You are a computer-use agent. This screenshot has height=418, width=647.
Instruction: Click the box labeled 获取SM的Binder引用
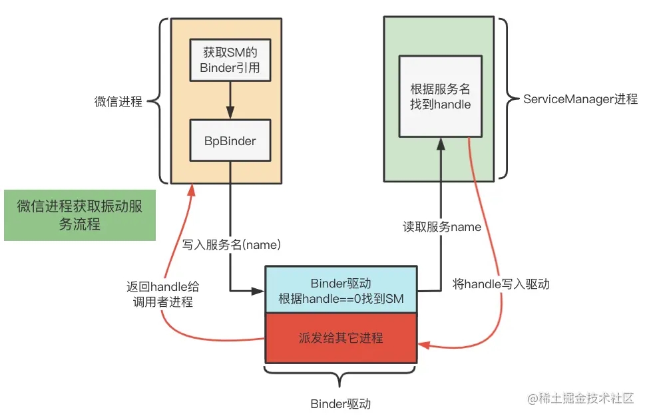point(230,59)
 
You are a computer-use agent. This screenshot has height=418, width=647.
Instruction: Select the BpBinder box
point(230,140)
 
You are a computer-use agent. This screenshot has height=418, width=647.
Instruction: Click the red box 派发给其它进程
point(340,337)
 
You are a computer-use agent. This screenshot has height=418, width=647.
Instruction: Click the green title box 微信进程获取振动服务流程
point(80,215)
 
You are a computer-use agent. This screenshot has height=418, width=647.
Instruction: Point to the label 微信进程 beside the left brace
point(118,102)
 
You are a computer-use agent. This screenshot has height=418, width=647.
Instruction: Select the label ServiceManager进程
point(580,99)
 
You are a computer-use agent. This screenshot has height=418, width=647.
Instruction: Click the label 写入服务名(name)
point(232,245)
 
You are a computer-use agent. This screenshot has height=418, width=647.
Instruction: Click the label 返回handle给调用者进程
point(162,294)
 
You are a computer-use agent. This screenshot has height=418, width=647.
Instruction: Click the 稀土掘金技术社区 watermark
point(582,399)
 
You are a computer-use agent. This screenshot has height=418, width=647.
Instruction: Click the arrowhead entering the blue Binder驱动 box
point(260,290)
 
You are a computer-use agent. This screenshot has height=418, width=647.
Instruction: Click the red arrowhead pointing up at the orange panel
point(192,190)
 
